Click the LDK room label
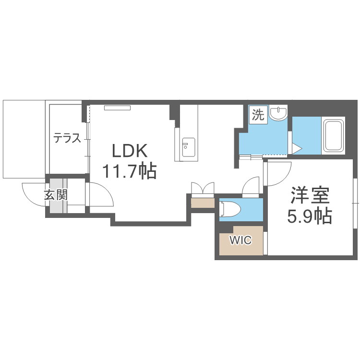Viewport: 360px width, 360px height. [x=129, y=151]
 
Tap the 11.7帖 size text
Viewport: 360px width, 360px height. [x=129, y=170]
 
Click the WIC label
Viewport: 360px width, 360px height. [x=240, y=240]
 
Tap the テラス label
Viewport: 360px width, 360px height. [x=67, y=139]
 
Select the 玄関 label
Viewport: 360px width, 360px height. [x=56, y=195]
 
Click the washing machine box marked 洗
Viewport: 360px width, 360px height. [x=258, y=115]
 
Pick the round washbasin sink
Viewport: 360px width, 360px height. [x=278, y=113]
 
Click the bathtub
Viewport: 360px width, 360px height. [x=334, y=135]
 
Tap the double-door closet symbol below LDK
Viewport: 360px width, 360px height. [x=202, y=188]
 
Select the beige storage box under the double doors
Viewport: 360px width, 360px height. [x=202, y=203]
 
